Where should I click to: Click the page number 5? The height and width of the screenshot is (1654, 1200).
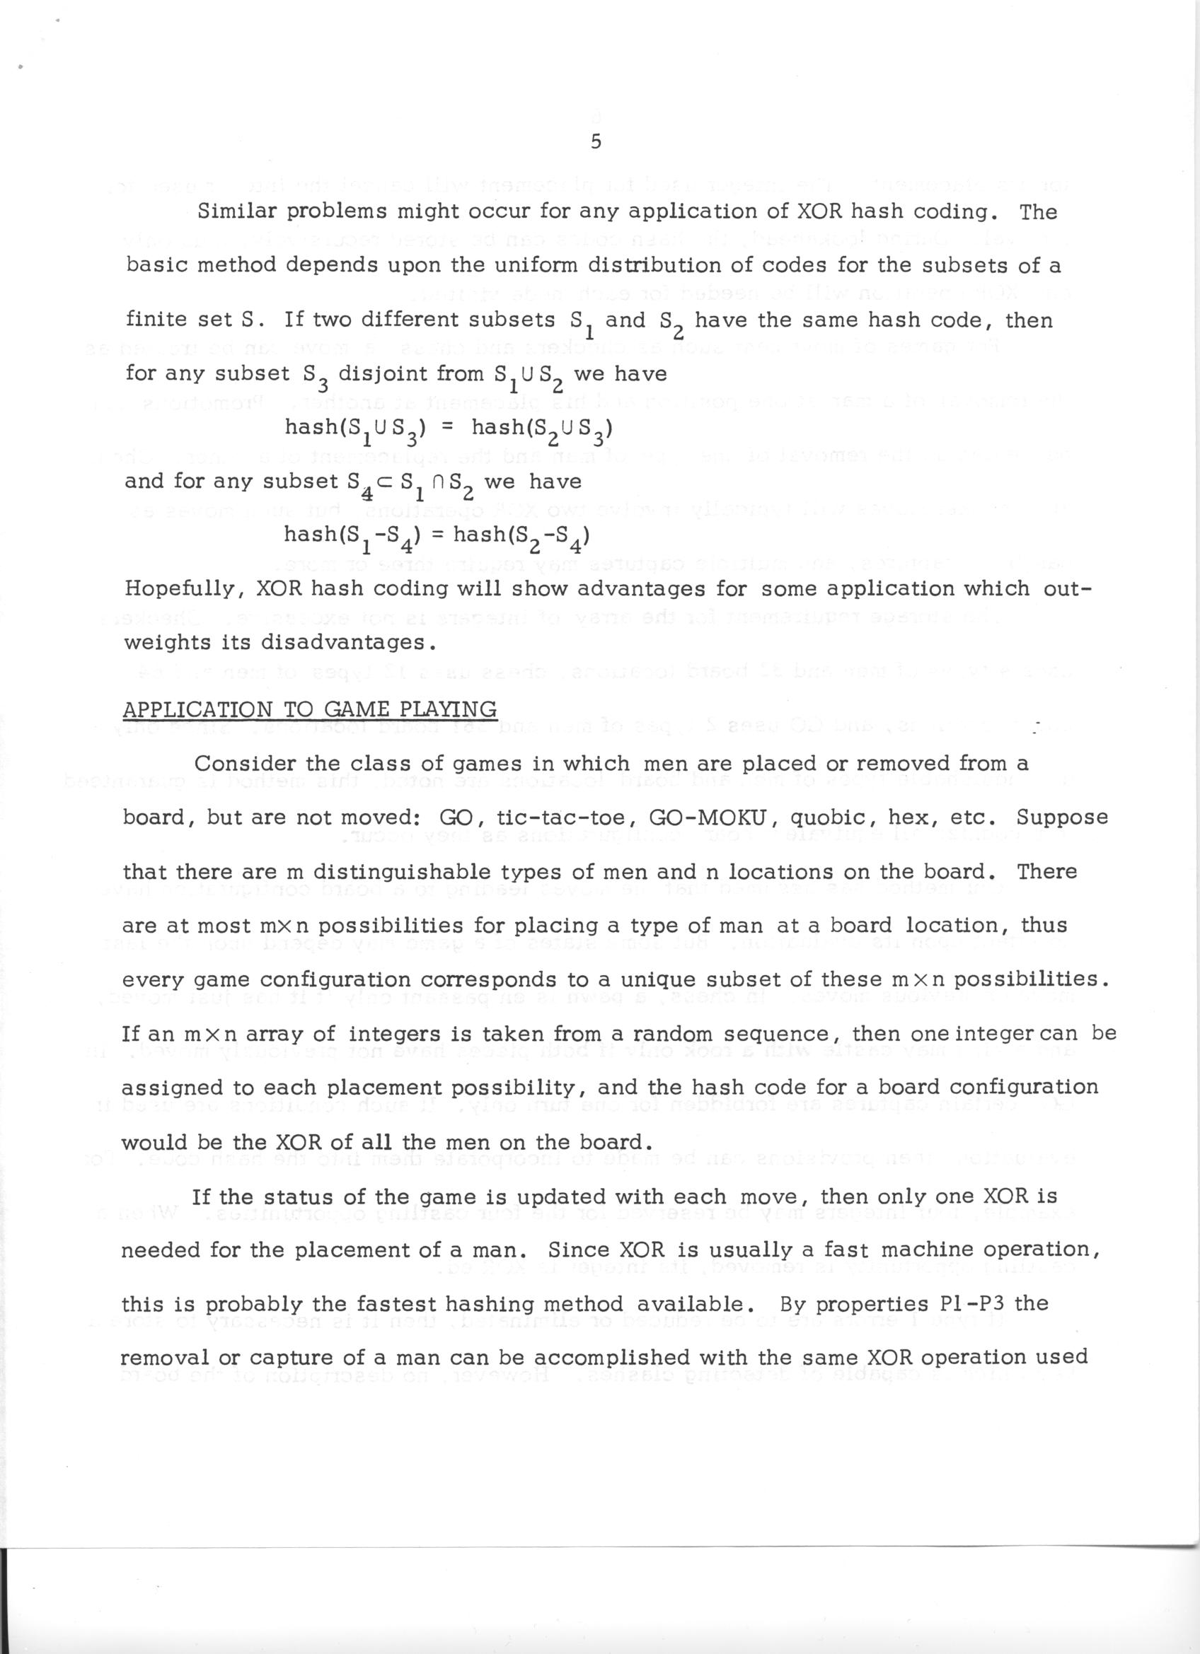(595, 143)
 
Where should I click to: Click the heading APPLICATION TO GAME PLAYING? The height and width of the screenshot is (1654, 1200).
(310, 709)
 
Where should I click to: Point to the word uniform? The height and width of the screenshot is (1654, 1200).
(533, 265)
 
